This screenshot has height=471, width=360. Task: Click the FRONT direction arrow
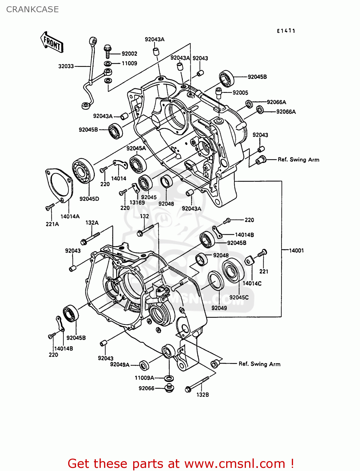point(52,42)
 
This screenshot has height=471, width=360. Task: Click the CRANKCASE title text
point(32,9)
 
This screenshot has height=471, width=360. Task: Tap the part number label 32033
point(66,66)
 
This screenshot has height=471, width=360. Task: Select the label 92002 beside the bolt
point(129,54)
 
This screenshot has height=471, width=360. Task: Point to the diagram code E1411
point(286,31)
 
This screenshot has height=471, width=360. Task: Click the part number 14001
point(296,251)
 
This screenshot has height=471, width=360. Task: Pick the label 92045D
point(89,199)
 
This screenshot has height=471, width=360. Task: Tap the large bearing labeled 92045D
point(83,171)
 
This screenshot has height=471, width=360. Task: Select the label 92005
point(240,93)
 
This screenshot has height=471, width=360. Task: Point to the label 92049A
point(120,365)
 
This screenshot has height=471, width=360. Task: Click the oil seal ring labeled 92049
point(216,280)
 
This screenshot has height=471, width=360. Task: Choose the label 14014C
point(252,284)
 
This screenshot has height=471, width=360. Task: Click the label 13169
point(137,203)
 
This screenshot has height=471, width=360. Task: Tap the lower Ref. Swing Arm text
point(259,364)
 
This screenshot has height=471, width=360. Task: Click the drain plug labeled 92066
point(169,388)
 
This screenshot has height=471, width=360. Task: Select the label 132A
point(92,223)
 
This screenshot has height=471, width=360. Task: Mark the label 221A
point(52,224)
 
